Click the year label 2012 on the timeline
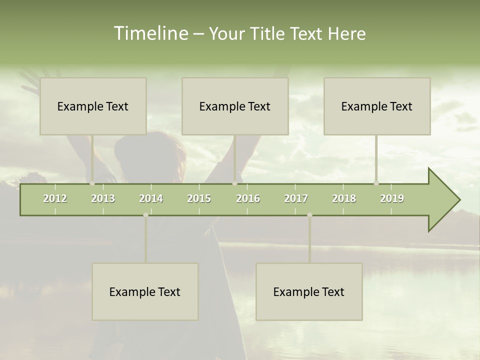coord(55,198)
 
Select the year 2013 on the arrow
coord(103,198)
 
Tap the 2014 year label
coord(151,198)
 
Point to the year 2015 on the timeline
coord(199,198)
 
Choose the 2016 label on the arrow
coord(248,198)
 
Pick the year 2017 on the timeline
coord(296,198)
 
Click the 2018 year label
coord(344,198)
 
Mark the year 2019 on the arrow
coord(392,198)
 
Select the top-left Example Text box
coord(93,106)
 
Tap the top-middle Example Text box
coord(235,106)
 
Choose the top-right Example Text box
coord(377,106)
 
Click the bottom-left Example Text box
coord(145,291)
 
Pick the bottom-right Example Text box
coord(309,291)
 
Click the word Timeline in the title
coord(150,33)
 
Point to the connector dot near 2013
coord(92,183)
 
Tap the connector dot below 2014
coord(145,215)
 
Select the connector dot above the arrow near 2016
coord(234,183)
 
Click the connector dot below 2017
coord(309,215)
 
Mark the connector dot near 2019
coord(376,183)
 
